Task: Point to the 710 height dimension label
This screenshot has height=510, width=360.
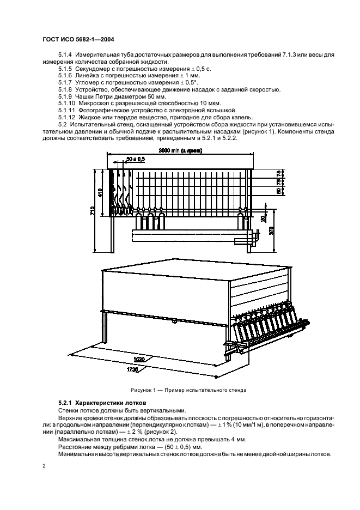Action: [93, 210]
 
